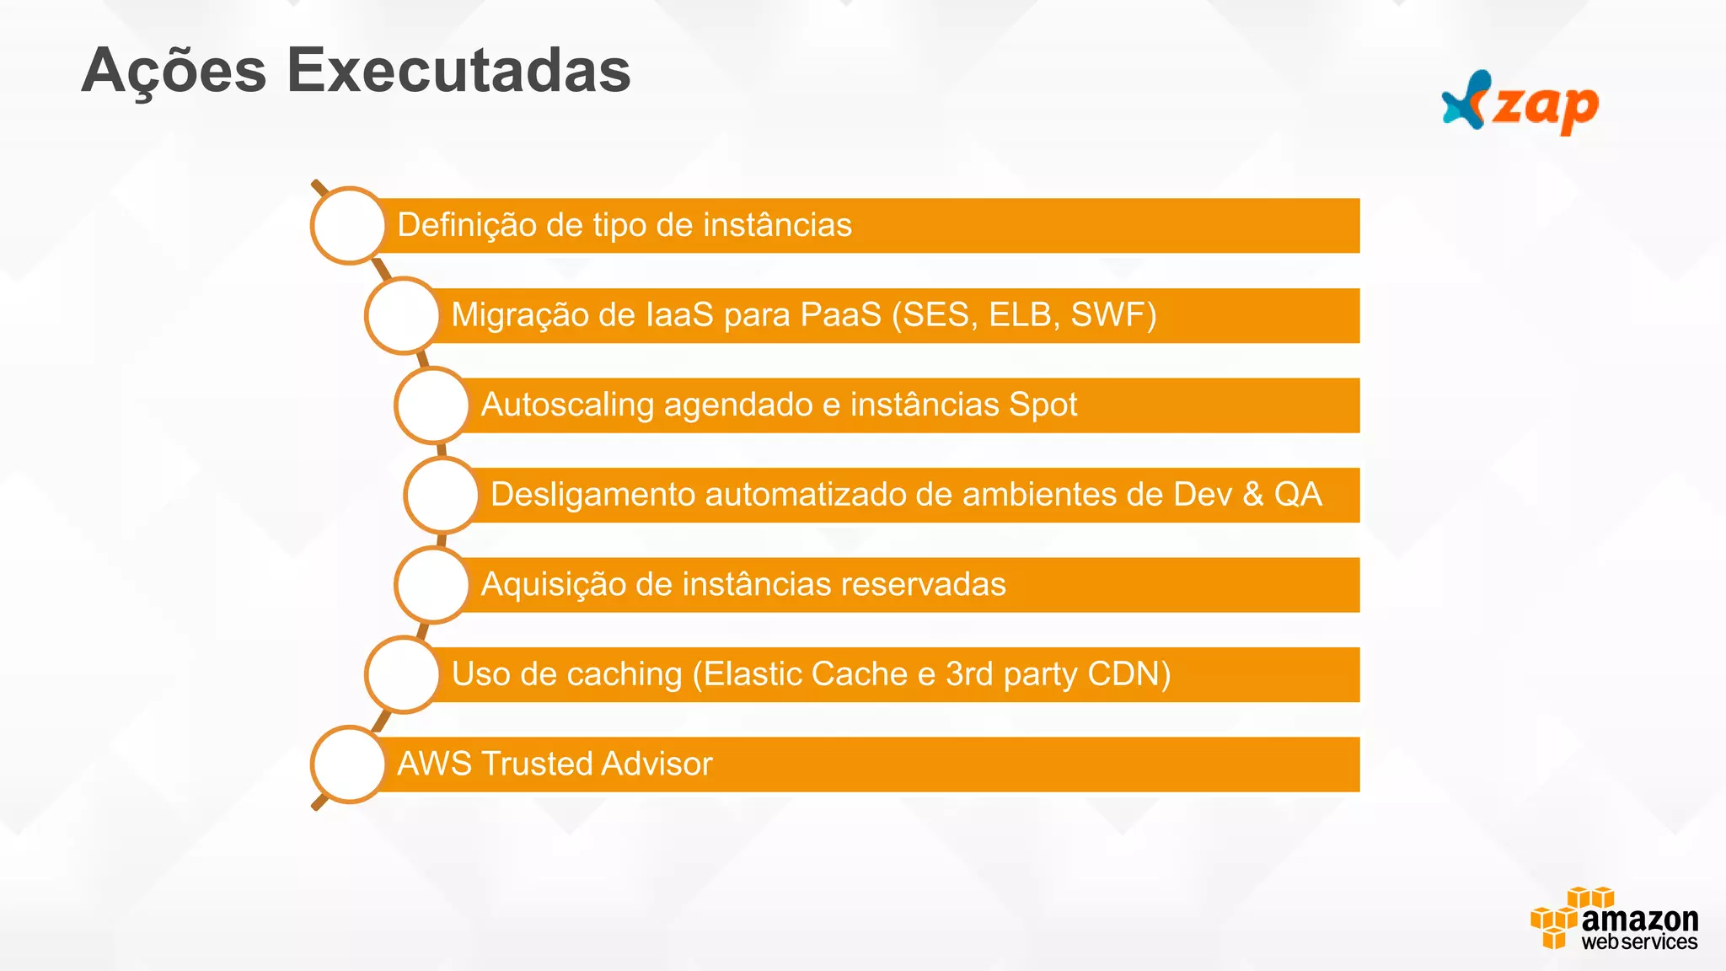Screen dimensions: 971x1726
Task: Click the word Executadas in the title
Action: pyautogui.click(x=458, y=71)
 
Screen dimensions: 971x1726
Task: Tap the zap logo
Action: pyautogui.click(x=1520, y=104)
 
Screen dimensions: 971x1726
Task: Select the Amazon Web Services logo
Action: pyautogui.click(x=1614, y=920)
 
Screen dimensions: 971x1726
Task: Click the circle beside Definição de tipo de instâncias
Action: pyautogui.click(x=348, y=225)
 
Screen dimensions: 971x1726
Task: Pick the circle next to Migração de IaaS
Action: pyautogui.click(x=403, y=315)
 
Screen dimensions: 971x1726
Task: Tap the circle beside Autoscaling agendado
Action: pyautogui.click(x=432, y=405)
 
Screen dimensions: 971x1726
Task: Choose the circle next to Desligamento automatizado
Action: pyautogui.click(x=442, y=495)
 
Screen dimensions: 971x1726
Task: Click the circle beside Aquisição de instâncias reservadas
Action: pyautogui.click(x=432, y=584)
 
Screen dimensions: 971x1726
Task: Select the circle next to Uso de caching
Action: pyautogui.click(x=403, y=674)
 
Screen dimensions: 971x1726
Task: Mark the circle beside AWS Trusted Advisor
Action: pyautogui.click(x=348, y=764)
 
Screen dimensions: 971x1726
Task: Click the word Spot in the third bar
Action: pyautogui.click(x=1043, y=405)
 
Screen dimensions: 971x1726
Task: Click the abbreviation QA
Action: pyautogui.click(x=1298, y=495)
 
